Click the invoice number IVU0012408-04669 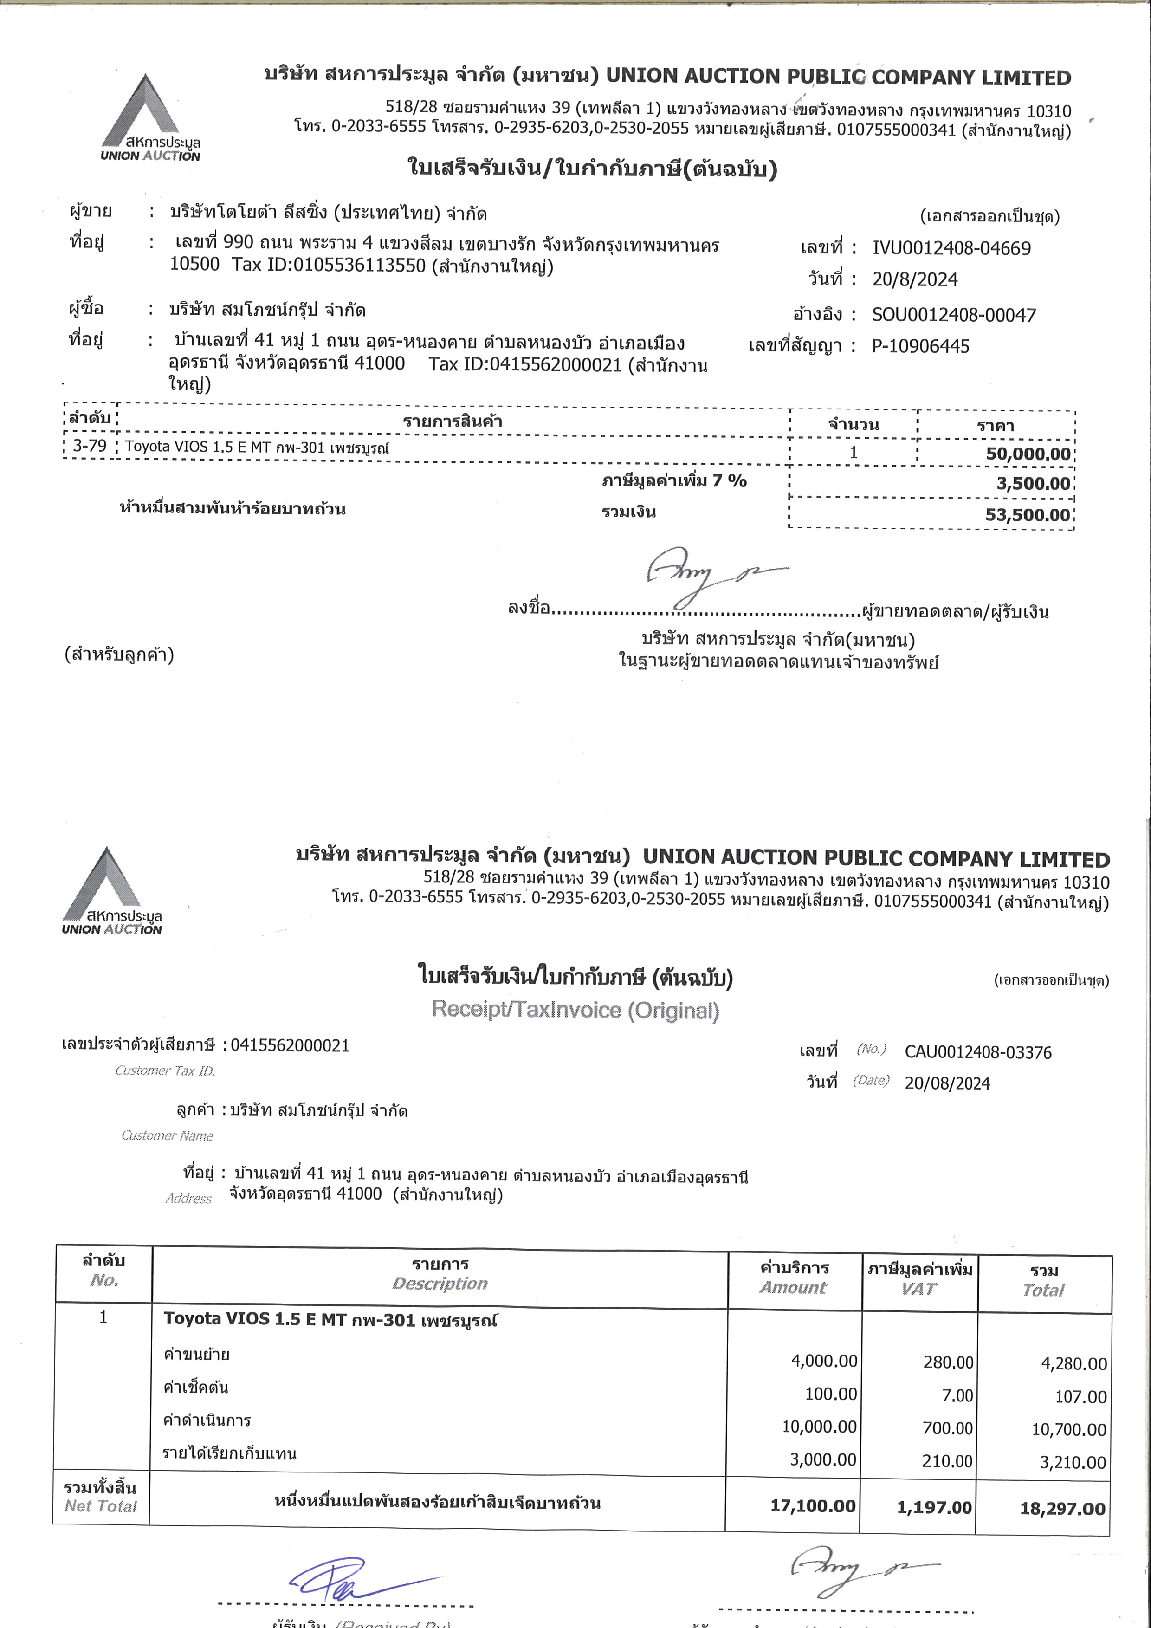(951, 248)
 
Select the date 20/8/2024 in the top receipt (914, 279)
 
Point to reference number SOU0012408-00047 (953, 315)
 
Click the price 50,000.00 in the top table (1028, 454)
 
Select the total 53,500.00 (1028, 515)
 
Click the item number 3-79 (89, 446)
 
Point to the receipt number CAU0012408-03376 (978, 1052)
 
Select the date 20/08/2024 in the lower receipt (947, 1083)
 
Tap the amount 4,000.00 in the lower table (823, 1361)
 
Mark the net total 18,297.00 (1062, 1509)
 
